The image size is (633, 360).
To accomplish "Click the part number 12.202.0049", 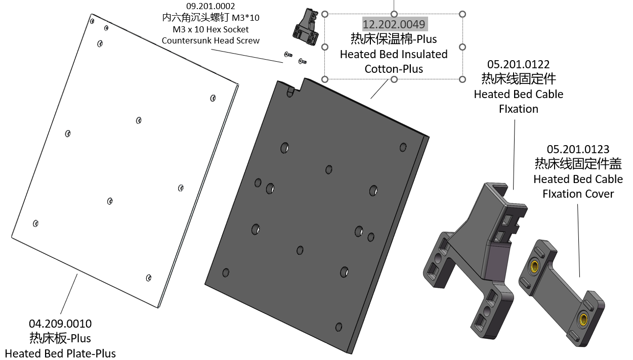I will coord(394,24).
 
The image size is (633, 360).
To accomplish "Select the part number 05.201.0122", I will coord(518,64).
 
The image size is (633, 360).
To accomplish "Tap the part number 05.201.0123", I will coord(578,149).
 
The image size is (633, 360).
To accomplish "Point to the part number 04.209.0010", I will coord(60,324).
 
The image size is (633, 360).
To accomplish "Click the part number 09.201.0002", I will coord(210,6).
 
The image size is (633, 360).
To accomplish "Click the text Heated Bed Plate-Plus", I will coord(60,353).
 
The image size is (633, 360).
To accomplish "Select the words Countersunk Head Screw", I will coord(210,40).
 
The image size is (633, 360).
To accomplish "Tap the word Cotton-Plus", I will coord(394,69).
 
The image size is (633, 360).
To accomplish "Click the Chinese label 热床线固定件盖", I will coord(578,164).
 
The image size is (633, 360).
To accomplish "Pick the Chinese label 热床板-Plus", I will coord(60,338).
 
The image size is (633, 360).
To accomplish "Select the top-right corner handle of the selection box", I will coord(462,14).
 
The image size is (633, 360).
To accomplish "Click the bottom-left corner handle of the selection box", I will coord(325,79).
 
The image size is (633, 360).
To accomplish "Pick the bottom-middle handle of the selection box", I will coord(394,79).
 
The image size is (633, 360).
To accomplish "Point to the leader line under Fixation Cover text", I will coord(578,238).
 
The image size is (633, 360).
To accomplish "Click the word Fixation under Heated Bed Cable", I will coord(518,109).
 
